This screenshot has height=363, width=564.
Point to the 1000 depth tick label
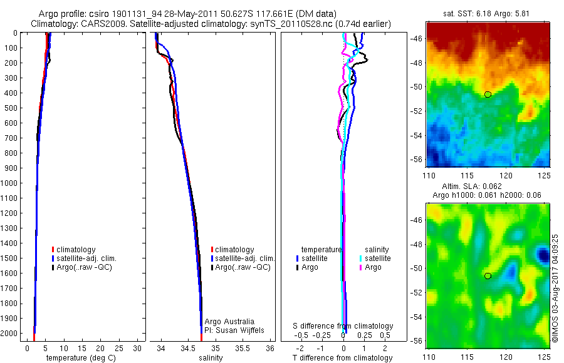tap(10, 183)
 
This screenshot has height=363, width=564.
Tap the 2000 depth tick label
tap(10, 334)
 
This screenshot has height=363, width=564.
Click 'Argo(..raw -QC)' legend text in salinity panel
tap(243, 267)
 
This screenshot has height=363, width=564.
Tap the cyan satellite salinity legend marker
tap(361, 258)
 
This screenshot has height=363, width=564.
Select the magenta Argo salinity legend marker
tap(361, 267)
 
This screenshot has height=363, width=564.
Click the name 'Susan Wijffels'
tap(235, 330)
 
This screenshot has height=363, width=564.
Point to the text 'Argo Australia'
tap(230, 322)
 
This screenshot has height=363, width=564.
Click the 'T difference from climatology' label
tap(343, 358)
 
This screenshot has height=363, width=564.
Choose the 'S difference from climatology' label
tap(343, 326)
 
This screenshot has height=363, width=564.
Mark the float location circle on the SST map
tap(488, 95)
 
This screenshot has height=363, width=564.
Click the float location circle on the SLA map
tap(488, 275)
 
